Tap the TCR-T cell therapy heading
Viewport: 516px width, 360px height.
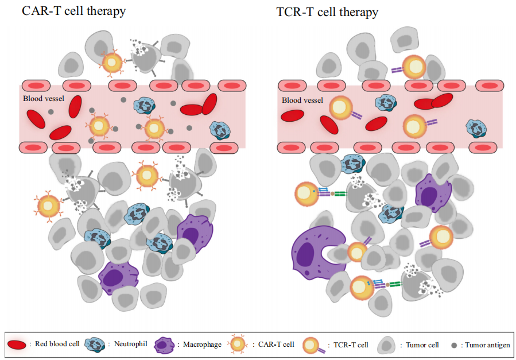point(327,11)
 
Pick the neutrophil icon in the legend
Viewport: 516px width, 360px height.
point(95,344)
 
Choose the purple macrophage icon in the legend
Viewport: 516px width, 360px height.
point(165,345)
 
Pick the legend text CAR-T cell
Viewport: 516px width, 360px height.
point(274,344)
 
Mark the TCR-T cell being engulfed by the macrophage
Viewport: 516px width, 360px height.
point(356,253)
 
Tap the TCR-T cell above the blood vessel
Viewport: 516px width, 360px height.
point(413,67)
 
